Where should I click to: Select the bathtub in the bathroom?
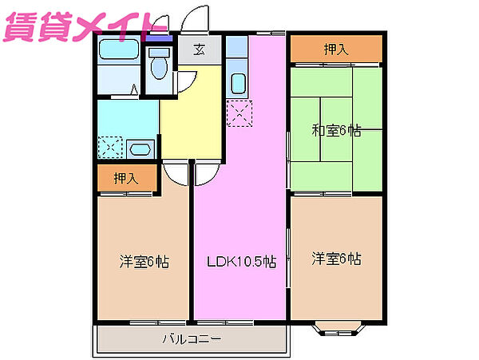coord(119,49)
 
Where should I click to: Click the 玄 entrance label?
coord(199,49)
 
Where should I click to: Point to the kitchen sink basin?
coord(239,83)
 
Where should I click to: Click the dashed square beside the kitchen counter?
coord(239,113)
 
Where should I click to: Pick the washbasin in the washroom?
coord(140,149)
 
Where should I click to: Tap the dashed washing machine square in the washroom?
coord(110,147)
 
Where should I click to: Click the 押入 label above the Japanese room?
coord(336,49)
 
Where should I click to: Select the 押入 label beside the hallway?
coord(126,178)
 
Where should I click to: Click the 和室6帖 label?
coord(336,131)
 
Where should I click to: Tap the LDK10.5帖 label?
coord(242,262)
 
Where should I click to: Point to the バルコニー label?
coord(192,339)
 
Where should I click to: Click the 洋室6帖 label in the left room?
coord(144,262)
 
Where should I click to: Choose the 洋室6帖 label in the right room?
coord(336,259)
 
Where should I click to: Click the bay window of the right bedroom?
coord(338,328)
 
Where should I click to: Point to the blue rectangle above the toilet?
coord(159,38)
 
